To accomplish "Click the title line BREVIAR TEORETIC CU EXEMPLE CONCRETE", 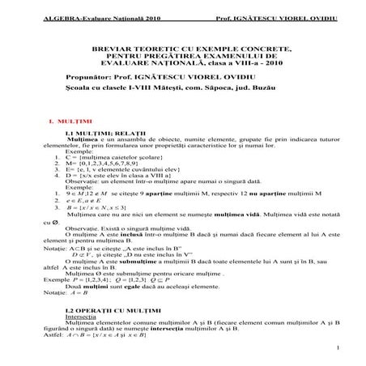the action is click(182, 49).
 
